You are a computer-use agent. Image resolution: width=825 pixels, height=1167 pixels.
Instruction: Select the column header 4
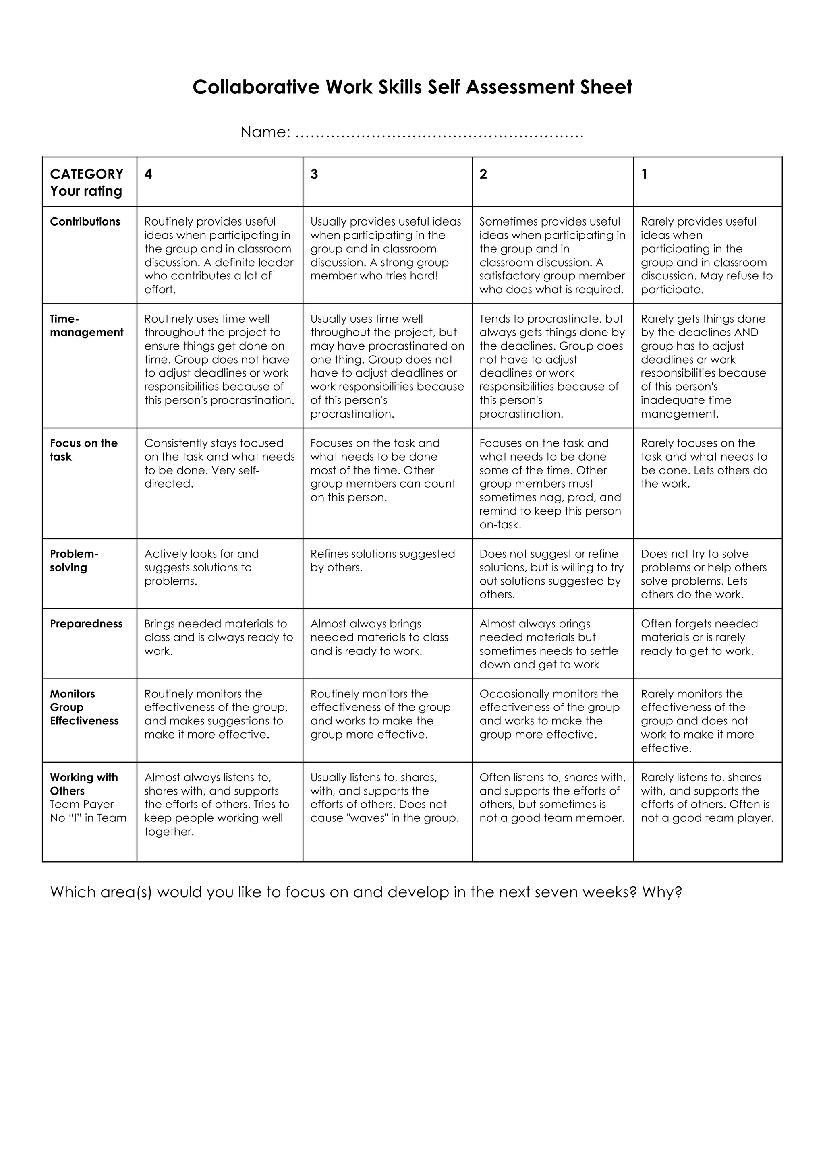coord(148,174)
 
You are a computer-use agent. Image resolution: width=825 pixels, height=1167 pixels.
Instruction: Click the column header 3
coord(314,174)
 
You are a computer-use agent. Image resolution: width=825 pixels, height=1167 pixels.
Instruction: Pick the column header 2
coord(483,174)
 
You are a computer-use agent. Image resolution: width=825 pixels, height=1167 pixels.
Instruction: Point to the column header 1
coord(644,174)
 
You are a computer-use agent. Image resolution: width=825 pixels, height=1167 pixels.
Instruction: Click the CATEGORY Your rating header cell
coord(87,182)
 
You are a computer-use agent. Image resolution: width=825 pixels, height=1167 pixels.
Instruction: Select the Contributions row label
coord(85,221)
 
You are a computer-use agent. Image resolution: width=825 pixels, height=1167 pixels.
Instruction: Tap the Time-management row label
coord(87,325)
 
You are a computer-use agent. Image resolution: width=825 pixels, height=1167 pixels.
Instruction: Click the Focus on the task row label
coord(83,450)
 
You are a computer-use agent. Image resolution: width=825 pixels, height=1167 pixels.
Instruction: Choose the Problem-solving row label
coord(74,561)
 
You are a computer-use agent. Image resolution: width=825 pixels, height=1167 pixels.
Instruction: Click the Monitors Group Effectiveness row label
coord(84,707)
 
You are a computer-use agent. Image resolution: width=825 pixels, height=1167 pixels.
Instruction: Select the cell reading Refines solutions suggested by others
coord(382,561)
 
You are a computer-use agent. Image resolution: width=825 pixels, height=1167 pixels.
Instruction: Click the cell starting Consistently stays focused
coord(219,463)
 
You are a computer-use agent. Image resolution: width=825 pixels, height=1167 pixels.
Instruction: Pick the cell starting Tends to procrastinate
coord(551,366)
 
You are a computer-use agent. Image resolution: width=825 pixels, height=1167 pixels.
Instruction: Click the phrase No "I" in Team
coord(88,818)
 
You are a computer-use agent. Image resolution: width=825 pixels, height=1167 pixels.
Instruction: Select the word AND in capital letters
coord(746,332)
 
